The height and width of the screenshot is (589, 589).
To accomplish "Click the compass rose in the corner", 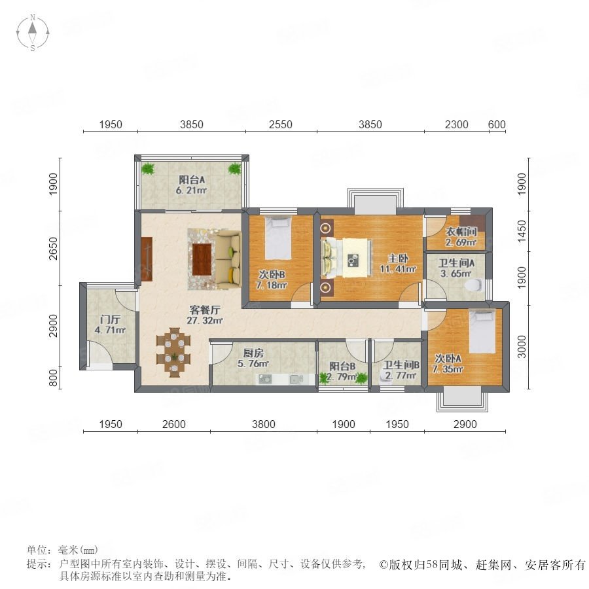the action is pyautogui.click(x=33, y=33).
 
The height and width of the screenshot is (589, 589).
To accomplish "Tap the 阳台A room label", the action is pyautogui.click(x=192, y=180).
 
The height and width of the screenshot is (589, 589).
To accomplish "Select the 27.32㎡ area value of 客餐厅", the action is pyautogui.click(x=205, y=321).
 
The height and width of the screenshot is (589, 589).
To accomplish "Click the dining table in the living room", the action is pyautogui.click(x=173, y=352).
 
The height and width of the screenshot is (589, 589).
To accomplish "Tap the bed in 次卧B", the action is pyautogui.click(x=278, y=238).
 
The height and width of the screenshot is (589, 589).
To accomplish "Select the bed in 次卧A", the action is pyautogui.click(x=482, y=331).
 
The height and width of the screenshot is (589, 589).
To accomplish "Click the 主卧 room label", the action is pyautogui.click(x=398, y=259).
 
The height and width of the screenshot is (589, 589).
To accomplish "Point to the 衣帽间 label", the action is pyautogui.click(x=461, y=232).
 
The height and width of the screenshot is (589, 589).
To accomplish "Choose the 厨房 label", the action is pyautogui.click(x=253, y=353).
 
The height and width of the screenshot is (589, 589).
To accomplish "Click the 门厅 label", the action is pyautogui.click(x=110, y=319).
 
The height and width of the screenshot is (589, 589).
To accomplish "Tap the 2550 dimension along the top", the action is pyautogui.click(x=281, y=124).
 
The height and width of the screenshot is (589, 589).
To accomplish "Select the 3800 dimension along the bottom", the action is pyautogui.click(x=264, y=424).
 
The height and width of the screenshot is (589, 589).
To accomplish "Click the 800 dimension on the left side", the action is pyautogui.click(x=54, y=378).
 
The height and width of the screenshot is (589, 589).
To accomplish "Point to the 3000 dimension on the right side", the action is pyautogui.click(x=522, y=347).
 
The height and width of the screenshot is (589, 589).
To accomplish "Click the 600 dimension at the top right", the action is pyautogui.click(x=497, y=124).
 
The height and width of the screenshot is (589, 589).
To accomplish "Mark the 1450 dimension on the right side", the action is pyautogui.click(x=522, y=232).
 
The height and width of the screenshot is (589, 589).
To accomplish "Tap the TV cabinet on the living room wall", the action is pyautogui.click(x=147, y=259).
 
